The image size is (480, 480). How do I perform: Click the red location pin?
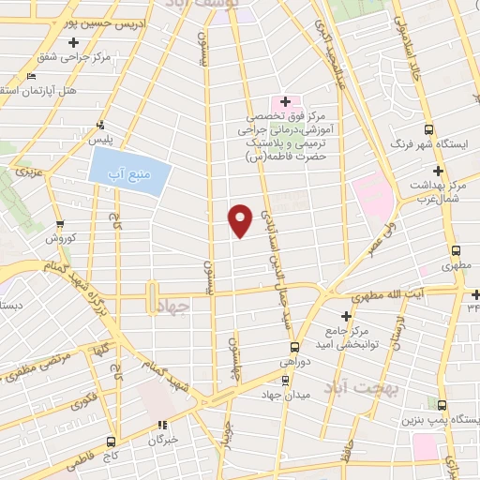click(x=240, y=219)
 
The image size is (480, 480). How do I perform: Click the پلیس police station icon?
click(x=100, y=125)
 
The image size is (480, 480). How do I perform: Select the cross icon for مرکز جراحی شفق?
click(x=73, y=42)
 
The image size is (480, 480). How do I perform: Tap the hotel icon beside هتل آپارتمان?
click(x=33, y=76)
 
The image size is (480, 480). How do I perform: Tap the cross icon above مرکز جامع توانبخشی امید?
click(x=346, y=317)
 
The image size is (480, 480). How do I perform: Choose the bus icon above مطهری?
click(x=457, y=251)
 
